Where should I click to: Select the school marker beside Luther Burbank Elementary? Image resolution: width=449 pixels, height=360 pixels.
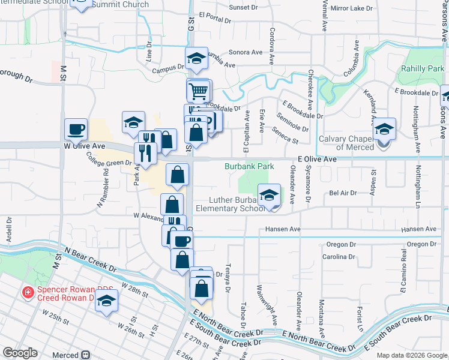pyautogui.click(x=270, y=194)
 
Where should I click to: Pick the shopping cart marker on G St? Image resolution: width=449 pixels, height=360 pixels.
pyautogui.click(x=199, y=91)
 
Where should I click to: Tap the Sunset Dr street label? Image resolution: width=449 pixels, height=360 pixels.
pyautogui.click(x=243, y=9)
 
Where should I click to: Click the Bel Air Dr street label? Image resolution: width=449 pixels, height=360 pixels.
pyautogui.click(x=343, y=193)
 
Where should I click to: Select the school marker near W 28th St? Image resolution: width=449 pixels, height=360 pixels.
pyautogui.click(x=106, y=301)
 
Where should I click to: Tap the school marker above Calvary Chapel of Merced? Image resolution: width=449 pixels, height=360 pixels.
pyautogui.click(x=384, y=128)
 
